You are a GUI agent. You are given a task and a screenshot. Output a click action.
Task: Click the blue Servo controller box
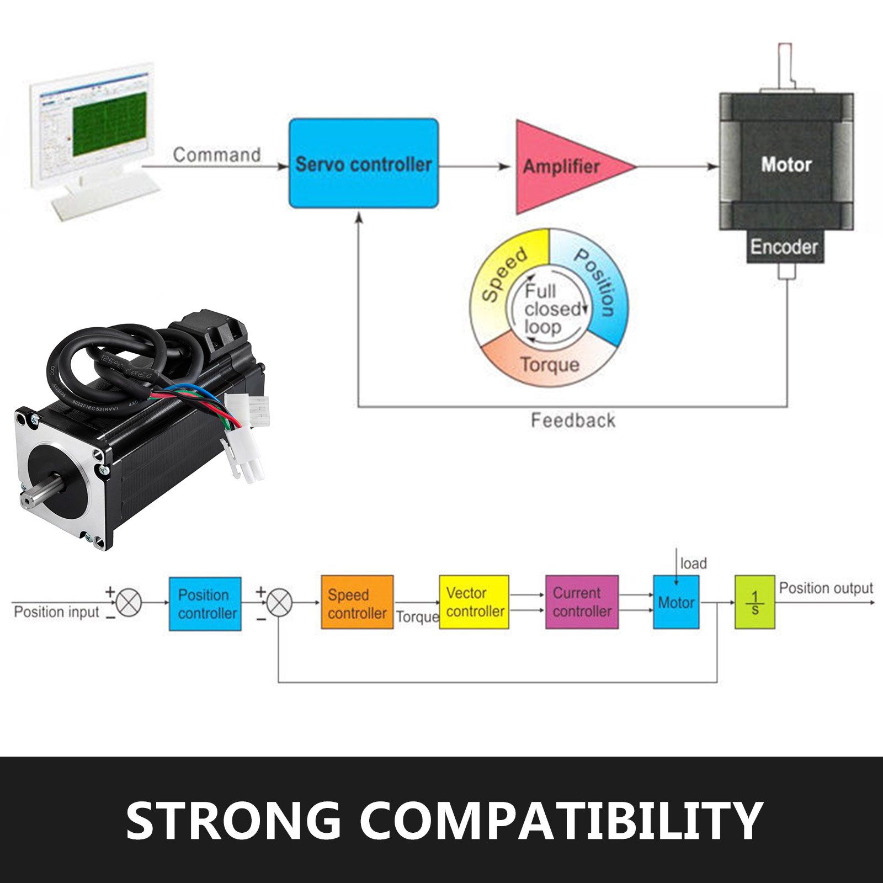tap(364, 163)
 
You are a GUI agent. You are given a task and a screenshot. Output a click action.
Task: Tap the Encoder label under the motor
tap(784, 247)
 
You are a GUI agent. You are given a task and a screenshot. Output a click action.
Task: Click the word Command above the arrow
tap(216, 155)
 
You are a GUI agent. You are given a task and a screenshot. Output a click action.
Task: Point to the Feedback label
tap(573, 421)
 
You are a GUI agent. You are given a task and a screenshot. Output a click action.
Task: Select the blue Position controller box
tap(205, 604)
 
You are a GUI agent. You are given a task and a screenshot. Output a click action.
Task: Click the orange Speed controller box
tap(357, 603)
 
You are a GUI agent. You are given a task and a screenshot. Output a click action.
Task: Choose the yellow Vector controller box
tap(474, 602)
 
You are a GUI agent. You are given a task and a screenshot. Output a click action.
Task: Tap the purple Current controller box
tap(582, 602)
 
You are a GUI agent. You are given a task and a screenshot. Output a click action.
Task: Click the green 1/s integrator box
tap(754, 602)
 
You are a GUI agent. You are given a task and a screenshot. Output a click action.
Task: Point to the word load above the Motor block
tap(693, 563)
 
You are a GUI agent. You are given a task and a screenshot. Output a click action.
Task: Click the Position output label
tap(826, 588)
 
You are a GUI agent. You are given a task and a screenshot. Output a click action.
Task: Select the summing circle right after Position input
tap(129, 602)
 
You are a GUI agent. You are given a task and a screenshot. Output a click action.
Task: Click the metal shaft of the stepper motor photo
tap(44, 494)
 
